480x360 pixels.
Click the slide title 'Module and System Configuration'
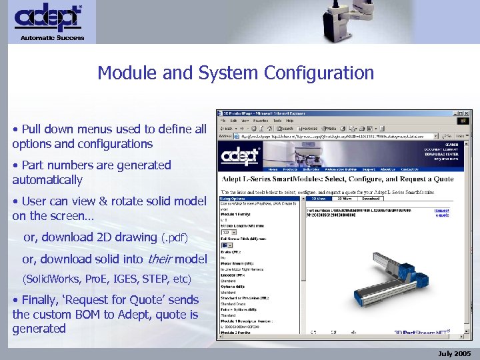click(235, 73)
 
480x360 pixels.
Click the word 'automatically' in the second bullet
click(47, 180)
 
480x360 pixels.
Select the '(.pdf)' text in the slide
click(175, 238)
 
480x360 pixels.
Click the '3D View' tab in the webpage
click(319, 198)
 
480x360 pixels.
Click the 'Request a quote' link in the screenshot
click(442, 213)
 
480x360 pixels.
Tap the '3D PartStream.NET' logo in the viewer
click(422, 331)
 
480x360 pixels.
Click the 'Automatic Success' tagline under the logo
click(52, 38)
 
